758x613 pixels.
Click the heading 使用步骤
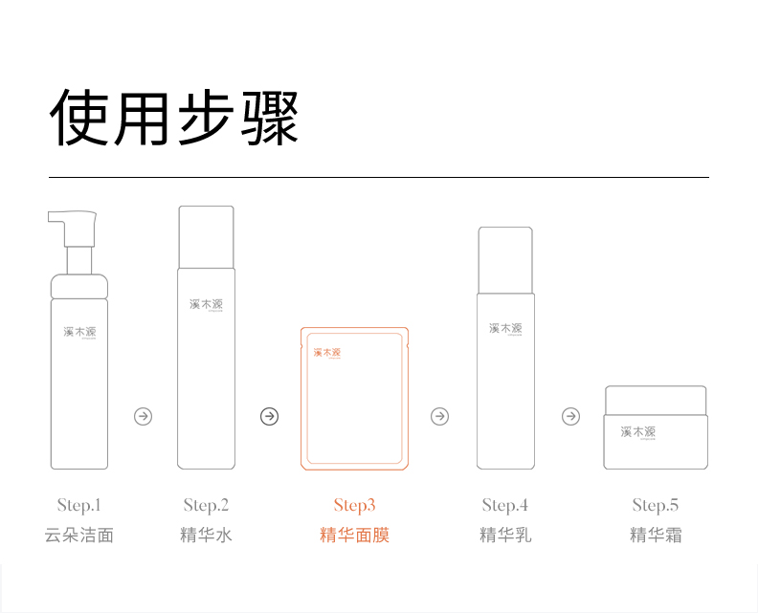pyautogui.click(x=174, y=118)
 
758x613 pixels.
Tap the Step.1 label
pyautogui.click(x=78, y=505)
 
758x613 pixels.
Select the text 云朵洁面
pyautogui.click(x=78, y=535)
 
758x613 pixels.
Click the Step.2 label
pyautogui.click(x=206, y=505)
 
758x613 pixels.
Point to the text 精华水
pyautogui.click(x=206, y=535)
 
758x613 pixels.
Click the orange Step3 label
pyautogui.click(x=354, y=505)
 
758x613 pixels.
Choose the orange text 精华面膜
pyautogui.click(x=354, y=535)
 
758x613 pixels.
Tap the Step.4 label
pyautogui.click(x=504, y=505)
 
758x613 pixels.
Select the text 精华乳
pyautogui.click(x=504, y=535)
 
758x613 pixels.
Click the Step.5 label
pyautogui.click(x=655, y=505)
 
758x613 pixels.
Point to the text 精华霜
pyautogui.click(x=655, y=535)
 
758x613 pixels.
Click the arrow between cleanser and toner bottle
pyautogui.click(x=143, y=416)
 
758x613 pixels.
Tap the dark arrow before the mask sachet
pyautogui.click(x=270, y=416)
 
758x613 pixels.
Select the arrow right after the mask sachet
pyautogui.click(x=439, y=416)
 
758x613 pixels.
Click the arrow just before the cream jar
pyautogui.click(x=570, y=416)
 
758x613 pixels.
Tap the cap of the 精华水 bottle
pyautogui.click(x=206, y=237)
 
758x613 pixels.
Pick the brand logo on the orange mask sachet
pyautogui.click(x=327, y=353)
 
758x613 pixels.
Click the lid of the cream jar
pyautogui.click(x=656, y=398)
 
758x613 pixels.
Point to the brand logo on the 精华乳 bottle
pyautogui.click(x=505, y=328)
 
